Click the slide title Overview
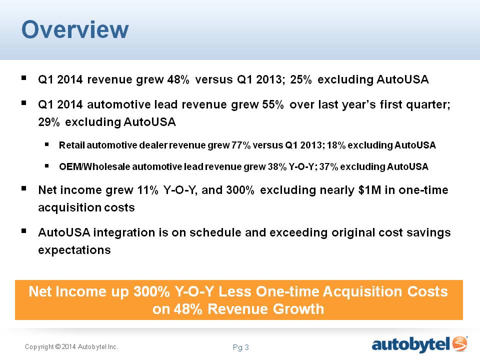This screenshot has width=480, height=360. point(75,29)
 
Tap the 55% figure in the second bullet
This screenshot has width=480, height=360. point(273,104)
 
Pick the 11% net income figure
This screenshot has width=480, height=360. point(147,190)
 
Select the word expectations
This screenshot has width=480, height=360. point(74,250)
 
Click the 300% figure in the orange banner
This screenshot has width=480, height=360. point(151,291)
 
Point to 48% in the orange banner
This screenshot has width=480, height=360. point(188,309)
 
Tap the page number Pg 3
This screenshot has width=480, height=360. point(240,347)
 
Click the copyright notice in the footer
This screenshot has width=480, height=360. point(71,347)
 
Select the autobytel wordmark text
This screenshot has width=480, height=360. point(411,344)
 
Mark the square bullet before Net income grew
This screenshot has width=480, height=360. point(24,188)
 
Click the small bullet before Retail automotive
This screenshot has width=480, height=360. point(47,144)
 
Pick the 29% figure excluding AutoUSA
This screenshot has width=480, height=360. point(49,122)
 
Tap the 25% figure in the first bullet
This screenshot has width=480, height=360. point(301,79)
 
